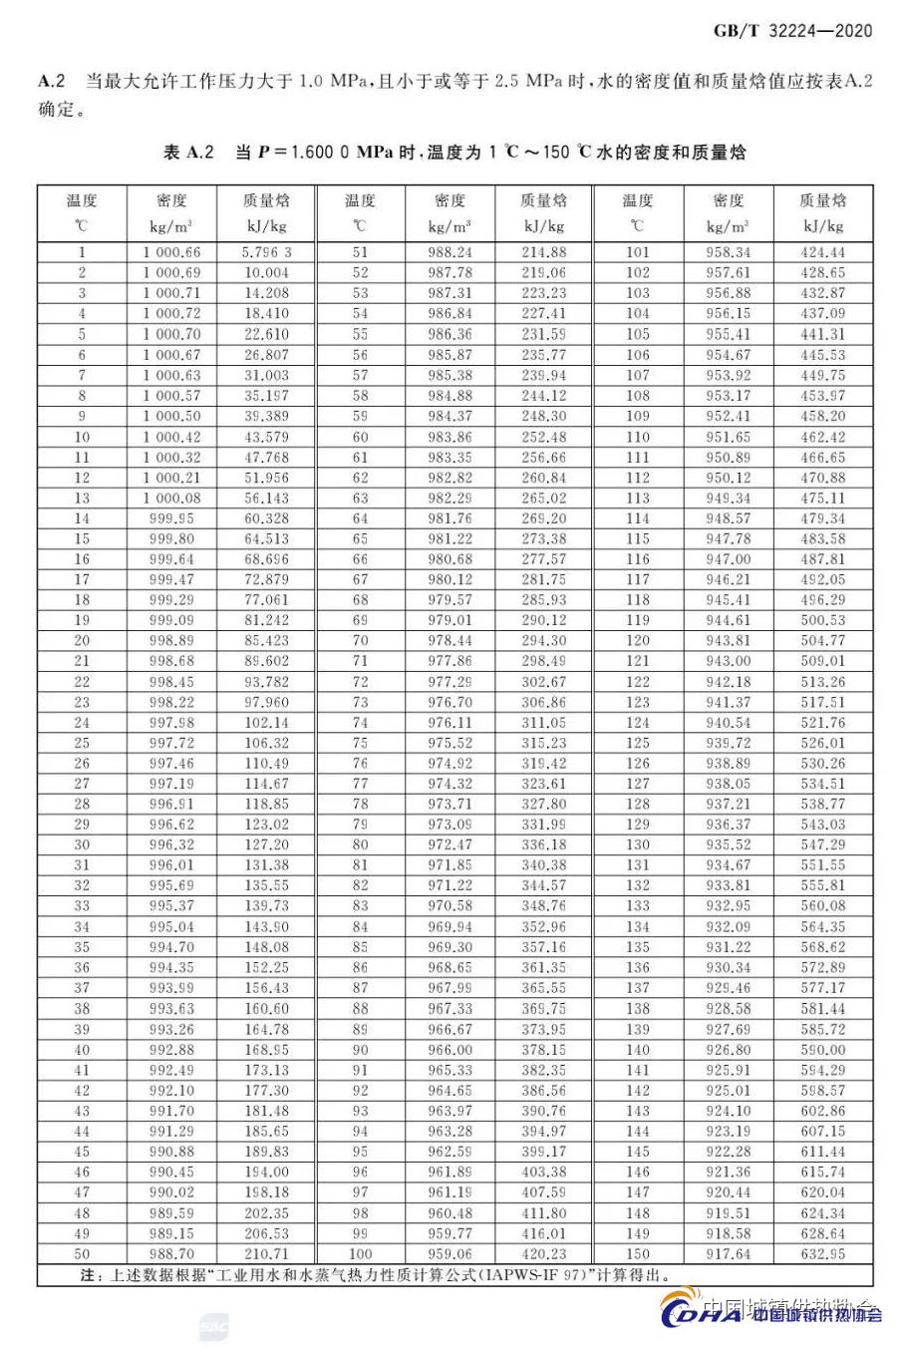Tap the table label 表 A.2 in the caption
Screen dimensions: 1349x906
(188, 153)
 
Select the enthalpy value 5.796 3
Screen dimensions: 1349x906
(266, 252)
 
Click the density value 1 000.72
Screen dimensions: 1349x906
(171, 314)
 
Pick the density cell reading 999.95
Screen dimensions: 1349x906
(171, 518)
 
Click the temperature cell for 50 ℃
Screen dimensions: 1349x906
(82, 1254)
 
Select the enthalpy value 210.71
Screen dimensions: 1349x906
(266, 1254)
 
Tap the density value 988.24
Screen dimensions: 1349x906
(451, 252)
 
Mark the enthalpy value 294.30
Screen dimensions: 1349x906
(544, 641)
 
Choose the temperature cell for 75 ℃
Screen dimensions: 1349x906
(360, 743)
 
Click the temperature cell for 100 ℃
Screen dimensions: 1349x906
(360, 1254)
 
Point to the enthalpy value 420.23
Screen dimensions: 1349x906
(544, 1254)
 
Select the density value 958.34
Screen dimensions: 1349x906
(729, 252)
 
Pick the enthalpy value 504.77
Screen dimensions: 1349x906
(822, 641)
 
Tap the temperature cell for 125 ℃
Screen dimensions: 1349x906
(638, 743)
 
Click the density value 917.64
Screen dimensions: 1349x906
(729, 1254)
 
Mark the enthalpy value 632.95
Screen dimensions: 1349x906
(822, 1254)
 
